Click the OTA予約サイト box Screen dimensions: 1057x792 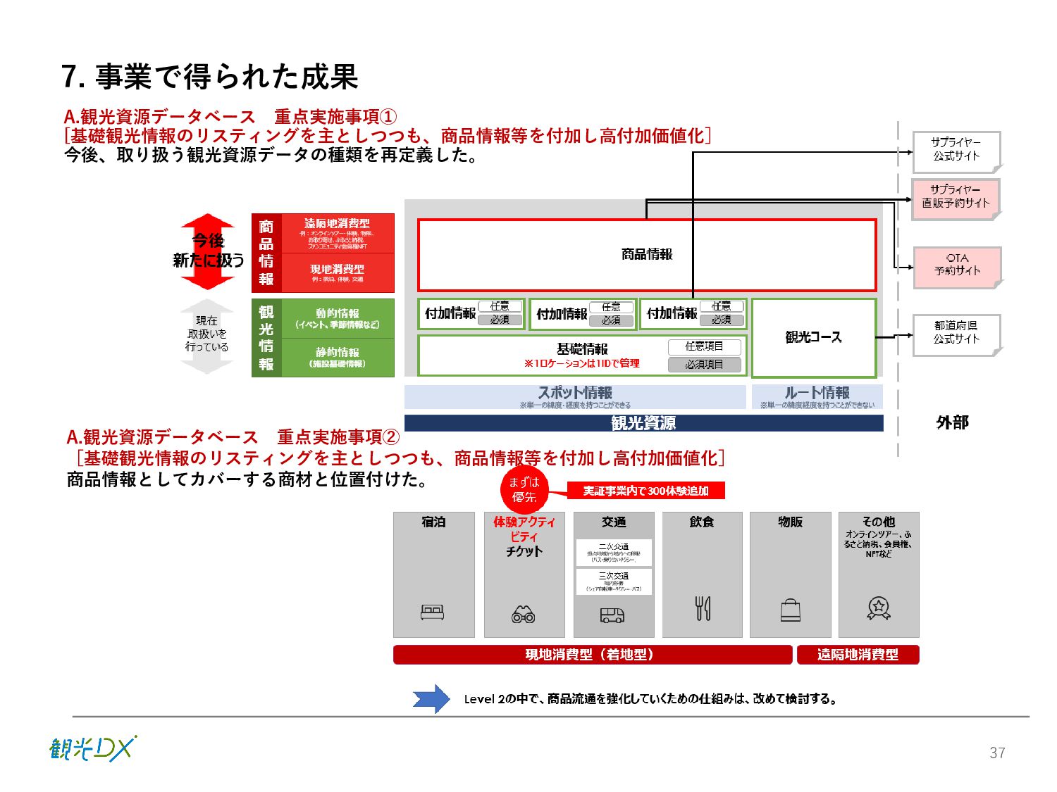tap(957, 267)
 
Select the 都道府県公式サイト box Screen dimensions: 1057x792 tap(956, 334)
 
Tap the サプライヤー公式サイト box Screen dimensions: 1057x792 tap(956, 151)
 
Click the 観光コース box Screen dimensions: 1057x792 tap(813, 338)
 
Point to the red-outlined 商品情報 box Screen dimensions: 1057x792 tap(647, 255)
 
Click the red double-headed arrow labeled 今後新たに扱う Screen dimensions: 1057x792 tap(208, 251)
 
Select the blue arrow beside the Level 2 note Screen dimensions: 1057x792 tap(431, 698)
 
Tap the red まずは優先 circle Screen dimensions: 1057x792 tap(524, 489)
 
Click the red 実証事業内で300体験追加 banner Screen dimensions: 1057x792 tap(645, 491)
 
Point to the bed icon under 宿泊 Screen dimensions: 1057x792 tap(432, 612)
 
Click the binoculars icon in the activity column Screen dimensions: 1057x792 tap(523, 615)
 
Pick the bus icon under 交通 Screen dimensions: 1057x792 tap(612, 615)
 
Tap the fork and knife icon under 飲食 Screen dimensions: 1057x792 tap(703, 608)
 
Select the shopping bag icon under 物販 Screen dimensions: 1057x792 tap(791, 610)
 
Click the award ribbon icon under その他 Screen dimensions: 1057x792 tap(879, 608)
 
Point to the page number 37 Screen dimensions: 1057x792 tap(997, 753)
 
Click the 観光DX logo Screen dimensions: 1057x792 tap(92, 748)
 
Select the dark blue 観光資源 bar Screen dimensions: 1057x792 tap(643, 423)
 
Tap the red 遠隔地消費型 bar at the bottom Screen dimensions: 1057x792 tap(858, 655)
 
